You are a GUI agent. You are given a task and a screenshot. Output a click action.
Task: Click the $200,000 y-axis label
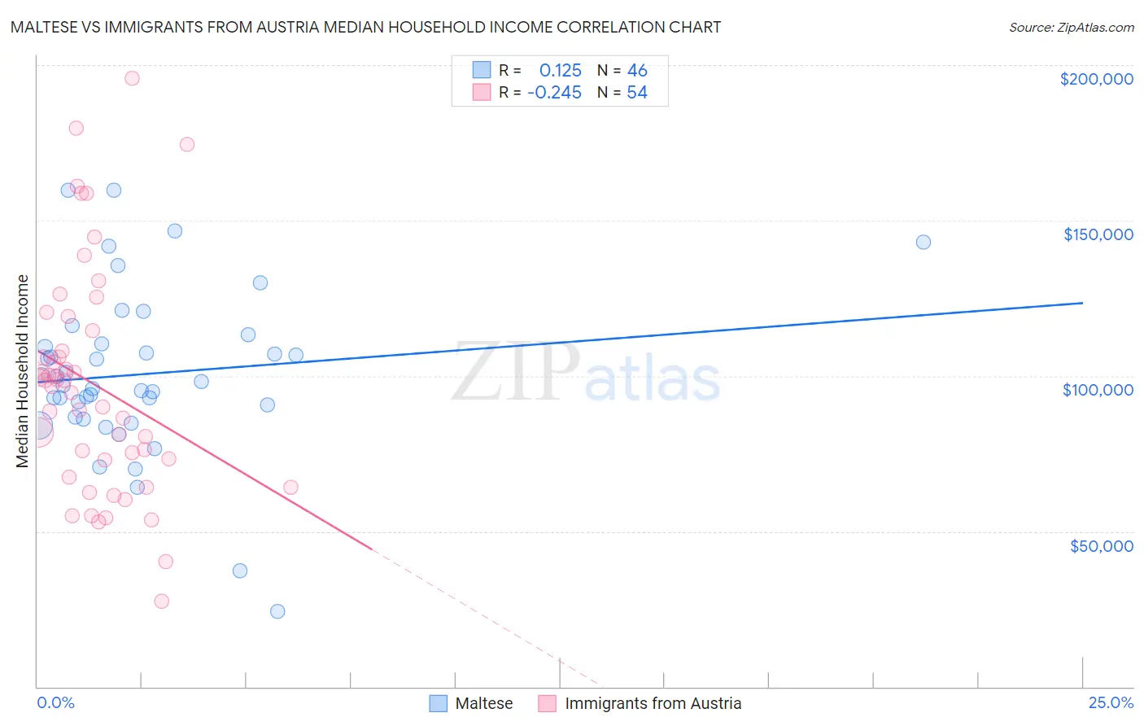coord(1096,79)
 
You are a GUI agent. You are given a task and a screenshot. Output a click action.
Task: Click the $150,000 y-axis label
coord(1098,234)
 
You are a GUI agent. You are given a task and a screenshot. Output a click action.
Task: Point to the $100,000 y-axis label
coord(1098,390)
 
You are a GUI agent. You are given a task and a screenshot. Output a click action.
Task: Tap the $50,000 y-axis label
coord(1101,545)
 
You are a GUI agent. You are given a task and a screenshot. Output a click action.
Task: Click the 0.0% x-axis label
coord(55,702)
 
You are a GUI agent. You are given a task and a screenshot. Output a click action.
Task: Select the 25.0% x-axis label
coord(1111,702)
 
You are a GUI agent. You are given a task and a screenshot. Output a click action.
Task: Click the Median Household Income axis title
coord(22,371)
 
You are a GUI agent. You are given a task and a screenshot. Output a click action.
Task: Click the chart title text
coord(365,28)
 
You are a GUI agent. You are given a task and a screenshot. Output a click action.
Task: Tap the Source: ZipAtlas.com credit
coord(1071,28)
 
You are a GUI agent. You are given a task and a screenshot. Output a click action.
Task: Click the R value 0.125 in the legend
coord(560,71)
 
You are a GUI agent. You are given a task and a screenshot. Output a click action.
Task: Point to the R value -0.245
coord(554,93)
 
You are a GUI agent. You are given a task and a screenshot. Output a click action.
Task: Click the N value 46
coord(637,71)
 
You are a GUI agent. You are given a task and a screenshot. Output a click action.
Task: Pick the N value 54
coord(637,93)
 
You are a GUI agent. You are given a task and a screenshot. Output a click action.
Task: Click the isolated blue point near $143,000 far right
coord(923,242)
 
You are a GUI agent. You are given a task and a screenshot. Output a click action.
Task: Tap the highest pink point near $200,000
coord(132,78)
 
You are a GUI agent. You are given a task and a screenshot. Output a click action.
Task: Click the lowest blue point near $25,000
coord(277,611)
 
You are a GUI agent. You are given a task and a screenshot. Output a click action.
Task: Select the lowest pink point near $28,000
coord(161,601)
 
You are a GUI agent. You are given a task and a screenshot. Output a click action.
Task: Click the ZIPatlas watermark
coord(586,373)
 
